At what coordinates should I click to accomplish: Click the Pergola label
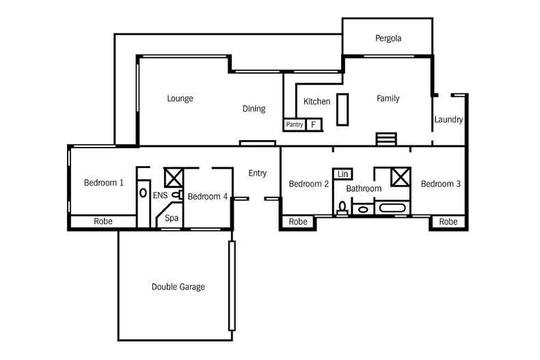[388, 38]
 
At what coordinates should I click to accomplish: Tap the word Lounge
[180, 98]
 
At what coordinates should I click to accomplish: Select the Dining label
[254, 109]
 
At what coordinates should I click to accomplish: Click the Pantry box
[294, 125]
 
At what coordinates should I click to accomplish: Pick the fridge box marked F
[314, 125]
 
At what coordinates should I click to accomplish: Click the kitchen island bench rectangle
[342, 109]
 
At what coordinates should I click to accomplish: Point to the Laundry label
[448, 120]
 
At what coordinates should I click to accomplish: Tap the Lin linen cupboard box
[342, 174]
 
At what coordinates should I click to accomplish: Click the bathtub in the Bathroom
[392, 208]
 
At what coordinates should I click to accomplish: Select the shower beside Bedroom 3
[400, 176]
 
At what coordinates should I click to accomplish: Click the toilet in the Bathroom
[342, 208]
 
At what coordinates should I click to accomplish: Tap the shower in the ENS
[174, 178]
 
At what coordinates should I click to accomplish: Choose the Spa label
[172, 219]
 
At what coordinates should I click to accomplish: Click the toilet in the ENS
[176, 195]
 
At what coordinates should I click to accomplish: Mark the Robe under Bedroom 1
[103, 222]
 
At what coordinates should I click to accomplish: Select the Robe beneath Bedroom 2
[297, 222]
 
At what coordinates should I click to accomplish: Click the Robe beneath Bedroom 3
[448, 222]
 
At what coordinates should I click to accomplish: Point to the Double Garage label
[178, 287]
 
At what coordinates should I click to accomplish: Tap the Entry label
[257, 173]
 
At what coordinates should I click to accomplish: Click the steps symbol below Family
[386, 139]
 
